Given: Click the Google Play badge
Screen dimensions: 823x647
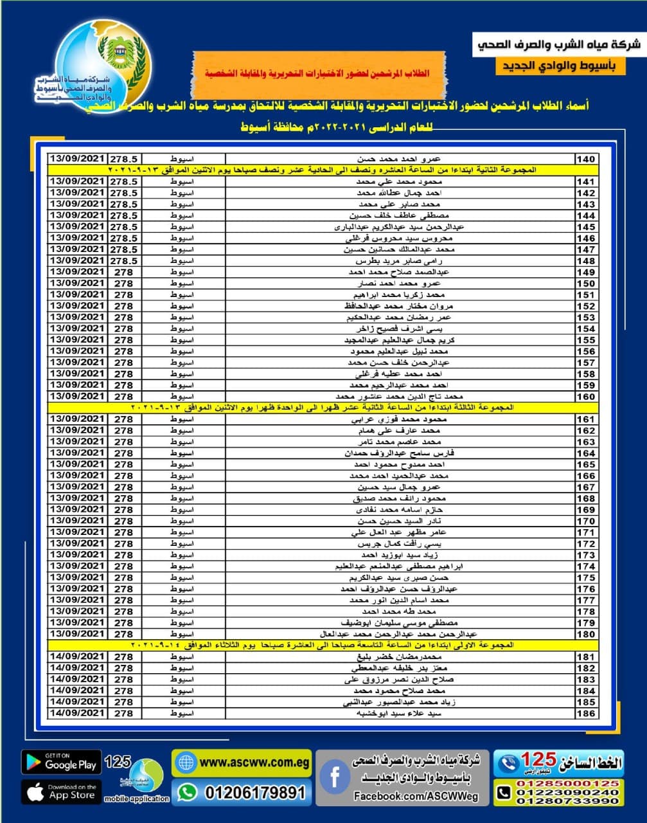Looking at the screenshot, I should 61,763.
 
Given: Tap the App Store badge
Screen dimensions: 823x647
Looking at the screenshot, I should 61,791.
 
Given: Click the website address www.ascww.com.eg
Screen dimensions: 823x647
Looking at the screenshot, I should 254,763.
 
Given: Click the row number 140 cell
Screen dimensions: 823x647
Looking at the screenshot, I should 585,159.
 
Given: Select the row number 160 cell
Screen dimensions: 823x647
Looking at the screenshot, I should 585,397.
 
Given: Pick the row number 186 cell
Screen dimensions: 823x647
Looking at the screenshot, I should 585,714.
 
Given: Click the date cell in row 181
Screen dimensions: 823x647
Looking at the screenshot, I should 77,657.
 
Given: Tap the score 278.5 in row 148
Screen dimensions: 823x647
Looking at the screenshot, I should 123,261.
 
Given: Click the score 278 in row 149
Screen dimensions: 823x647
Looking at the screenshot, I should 123,273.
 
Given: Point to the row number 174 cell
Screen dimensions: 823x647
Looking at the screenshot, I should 585,566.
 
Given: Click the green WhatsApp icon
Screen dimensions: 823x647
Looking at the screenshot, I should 187,792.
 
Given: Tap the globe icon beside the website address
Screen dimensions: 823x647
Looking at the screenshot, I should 186,763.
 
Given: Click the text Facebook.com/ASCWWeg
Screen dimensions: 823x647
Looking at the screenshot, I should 416,796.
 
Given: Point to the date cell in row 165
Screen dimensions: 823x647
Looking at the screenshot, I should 77,464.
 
